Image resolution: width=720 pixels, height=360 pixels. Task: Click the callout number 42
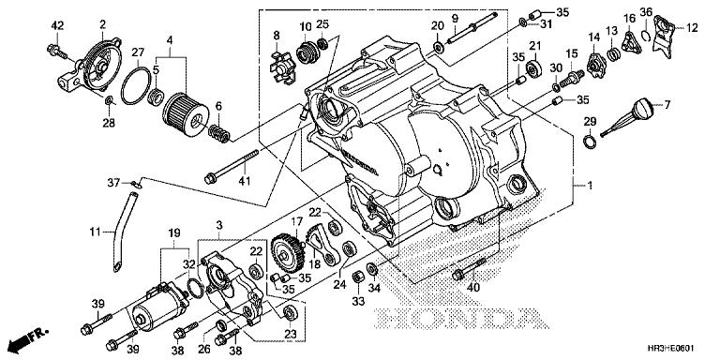pos(57,23)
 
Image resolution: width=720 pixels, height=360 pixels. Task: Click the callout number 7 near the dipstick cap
pos(667,104)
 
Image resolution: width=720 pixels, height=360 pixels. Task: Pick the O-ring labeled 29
pos(588,142)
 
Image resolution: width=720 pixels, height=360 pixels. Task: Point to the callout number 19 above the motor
pos(174,231)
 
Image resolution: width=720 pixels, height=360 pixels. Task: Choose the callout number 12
pos(691,27)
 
